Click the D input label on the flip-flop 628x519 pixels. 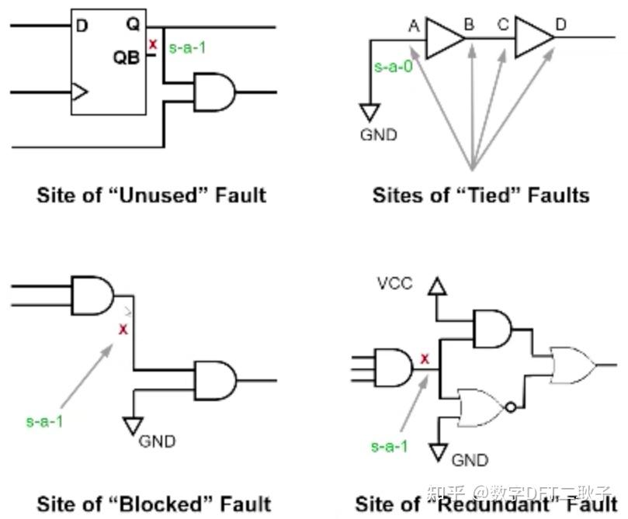[82, 26]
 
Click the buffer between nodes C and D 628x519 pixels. [533, 36]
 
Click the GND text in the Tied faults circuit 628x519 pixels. [378, 134]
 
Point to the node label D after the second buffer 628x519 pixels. [560, 24]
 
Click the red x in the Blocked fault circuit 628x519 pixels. [122, 330]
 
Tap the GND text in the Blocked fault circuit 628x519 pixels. [157, 441]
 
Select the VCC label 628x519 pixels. [394, 284]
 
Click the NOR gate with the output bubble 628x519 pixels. [481, 406]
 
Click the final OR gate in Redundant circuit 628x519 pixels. [571, 365]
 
